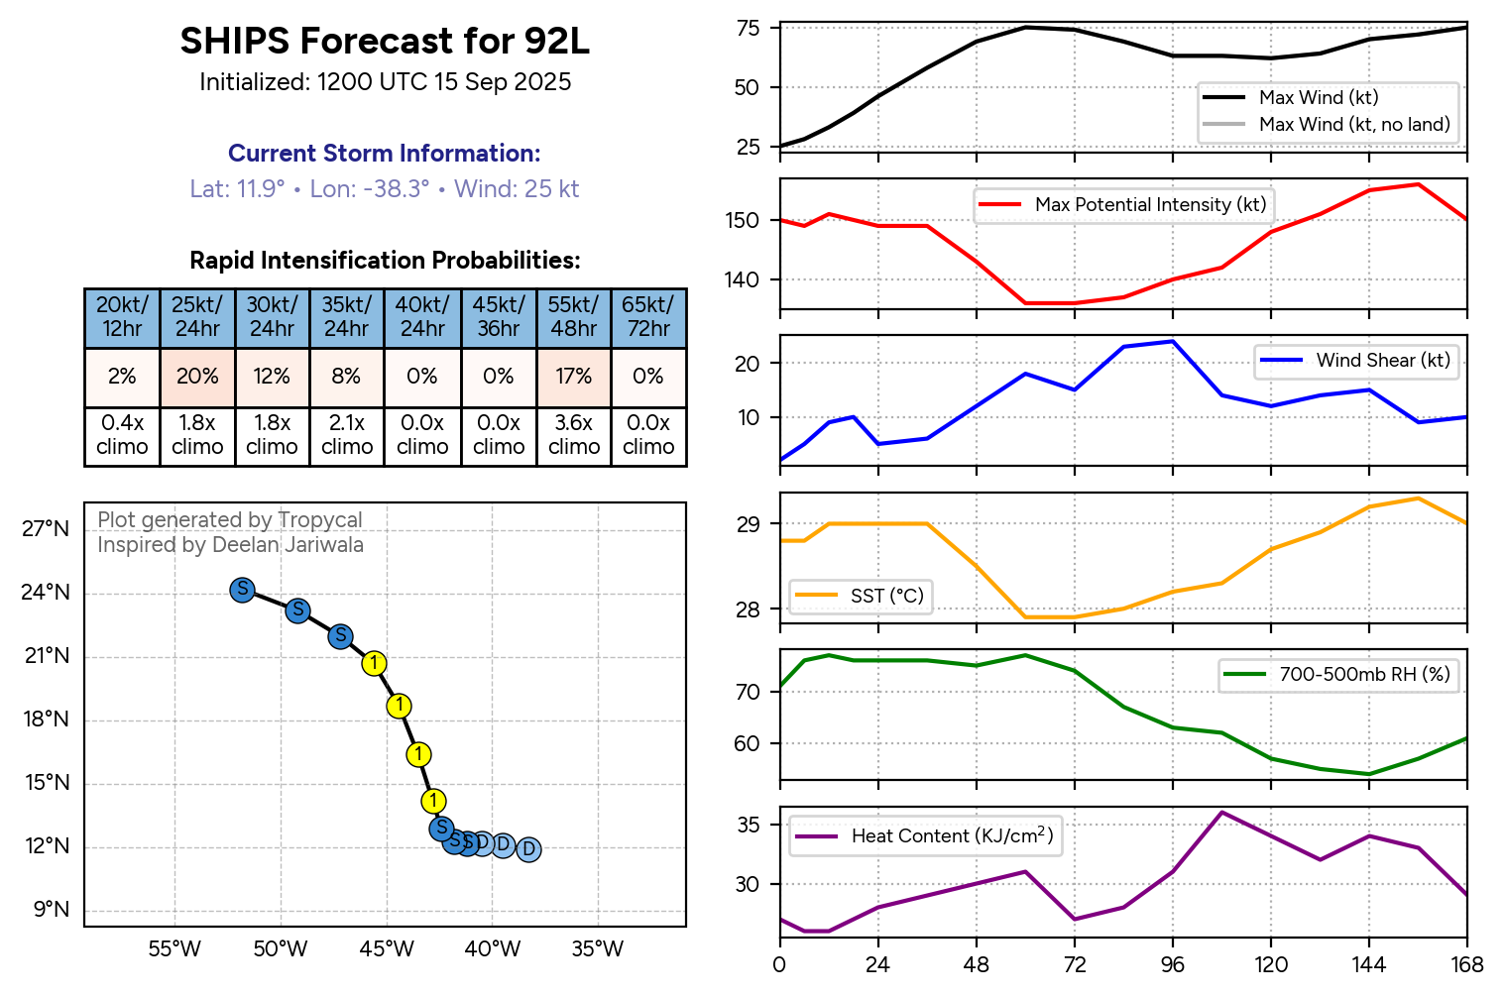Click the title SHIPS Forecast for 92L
click(x=385, y=42)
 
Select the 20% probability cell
click(x=197, y=377)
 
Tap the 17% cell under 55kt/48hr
click(x=574, y=377)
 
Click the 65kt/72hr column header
click(x=648, y=317)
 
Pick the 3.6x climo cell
click(x=574, y=435)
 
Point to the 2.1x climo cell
click(x=347, y=435)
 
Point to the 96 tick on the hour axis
click(x=1173, y=965)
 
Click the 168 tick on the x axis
click(x=1467, y=965)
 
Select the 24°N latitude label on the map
click(x=47, y=593)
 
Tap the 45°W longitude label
click(x=387, y=949)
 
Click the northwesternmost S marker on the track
click(x=242, y=590)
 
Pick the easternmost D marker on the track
click(x=528, y=849)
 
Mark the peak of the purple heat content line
click(x=1221, y=813)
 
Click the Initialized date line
click(x=385, y=82)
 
